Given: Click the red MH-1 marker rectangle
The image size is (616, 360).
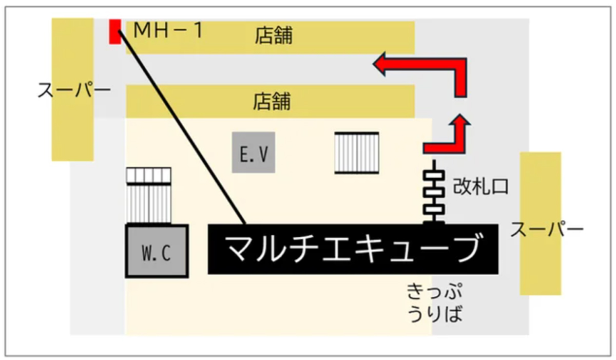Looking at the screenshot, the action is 115,32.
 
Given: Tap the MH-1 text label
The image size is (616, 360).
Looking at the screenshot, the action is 168,30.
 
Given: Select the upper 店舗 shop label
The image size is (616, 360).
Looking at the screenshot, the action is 274,35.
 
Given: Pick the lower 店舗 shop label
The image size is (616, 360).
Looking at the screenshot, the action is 272,102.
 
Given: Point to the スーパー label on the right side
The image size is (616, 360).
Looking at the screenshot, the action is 547,229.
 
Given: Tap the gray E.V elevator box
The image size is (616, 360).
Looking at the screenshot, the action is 254,153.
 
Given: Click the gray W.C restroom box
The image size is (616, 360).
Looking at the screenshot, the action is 157,251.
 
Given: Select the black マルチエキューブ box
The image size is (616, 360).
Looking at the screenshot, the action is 353,249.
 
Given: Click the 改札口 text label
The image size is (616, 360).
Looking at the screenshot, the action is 480,186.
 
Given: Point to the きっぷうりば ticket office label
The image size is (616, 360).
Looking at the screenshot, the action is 434,303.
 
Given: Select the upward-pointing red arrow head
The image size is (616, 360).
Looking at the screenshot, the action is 459,120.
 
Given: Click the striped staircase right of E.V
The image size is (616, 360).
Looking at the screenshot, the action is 357,153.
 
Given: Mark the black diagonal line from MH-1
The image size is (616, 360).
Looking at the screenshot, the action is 182,127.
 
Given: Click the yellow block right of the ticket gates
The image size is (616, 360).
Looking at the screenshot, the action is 541,223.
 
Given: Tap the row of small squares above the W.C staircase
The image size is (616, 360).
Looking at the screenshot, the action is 148,176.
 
